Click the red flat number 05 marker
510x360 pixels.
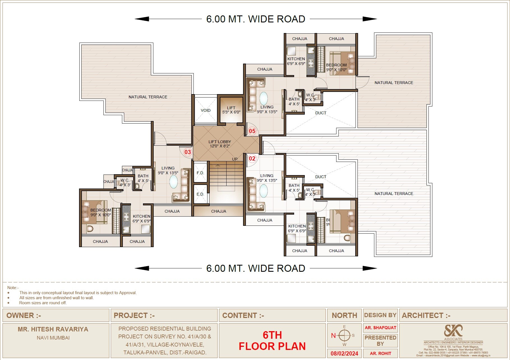click(x=252, y=131)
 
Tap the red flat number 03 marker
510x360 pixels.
click(x=188, y=152)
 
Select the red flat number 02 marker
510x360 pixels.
click(x=252, y=159)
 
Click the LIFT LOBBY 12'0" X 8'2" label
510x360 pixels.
click(x=220, y=144)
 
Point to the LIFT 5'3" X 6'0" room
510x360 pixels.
click(x=231, y=110)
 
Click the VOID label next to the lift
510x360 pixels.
click(x=206, y=110)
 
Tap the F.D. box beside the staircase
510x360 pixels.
click(x=200, y=173)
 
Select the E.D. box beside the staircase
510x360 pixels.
click(x=200, y=194)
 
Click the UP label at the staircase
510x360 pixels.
click(x=235, y=159)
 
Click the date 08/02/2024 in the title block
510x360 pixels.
click(x=344, y=353)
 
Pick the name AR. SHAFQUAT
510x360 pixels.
click(x=380, y=328)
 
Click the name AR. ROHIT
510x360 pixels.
click(x=380, y=353)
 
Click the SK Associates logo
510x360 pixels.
click(x=453, y=331)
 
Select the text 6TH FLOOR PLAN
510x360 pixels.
click(x=272, y=341)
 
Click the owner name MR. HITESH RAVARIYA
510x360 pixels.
click(x=53, y=329)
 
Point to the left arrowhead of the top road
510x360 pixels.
click(x=142, y=19)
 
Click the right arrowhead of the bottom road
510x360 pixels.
click(x=370, y=268)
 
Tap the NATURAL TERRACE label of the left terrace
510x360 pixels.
click(x=148, y=97)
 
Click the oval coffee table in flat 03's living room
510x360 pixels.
click(x=174, y=182)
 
